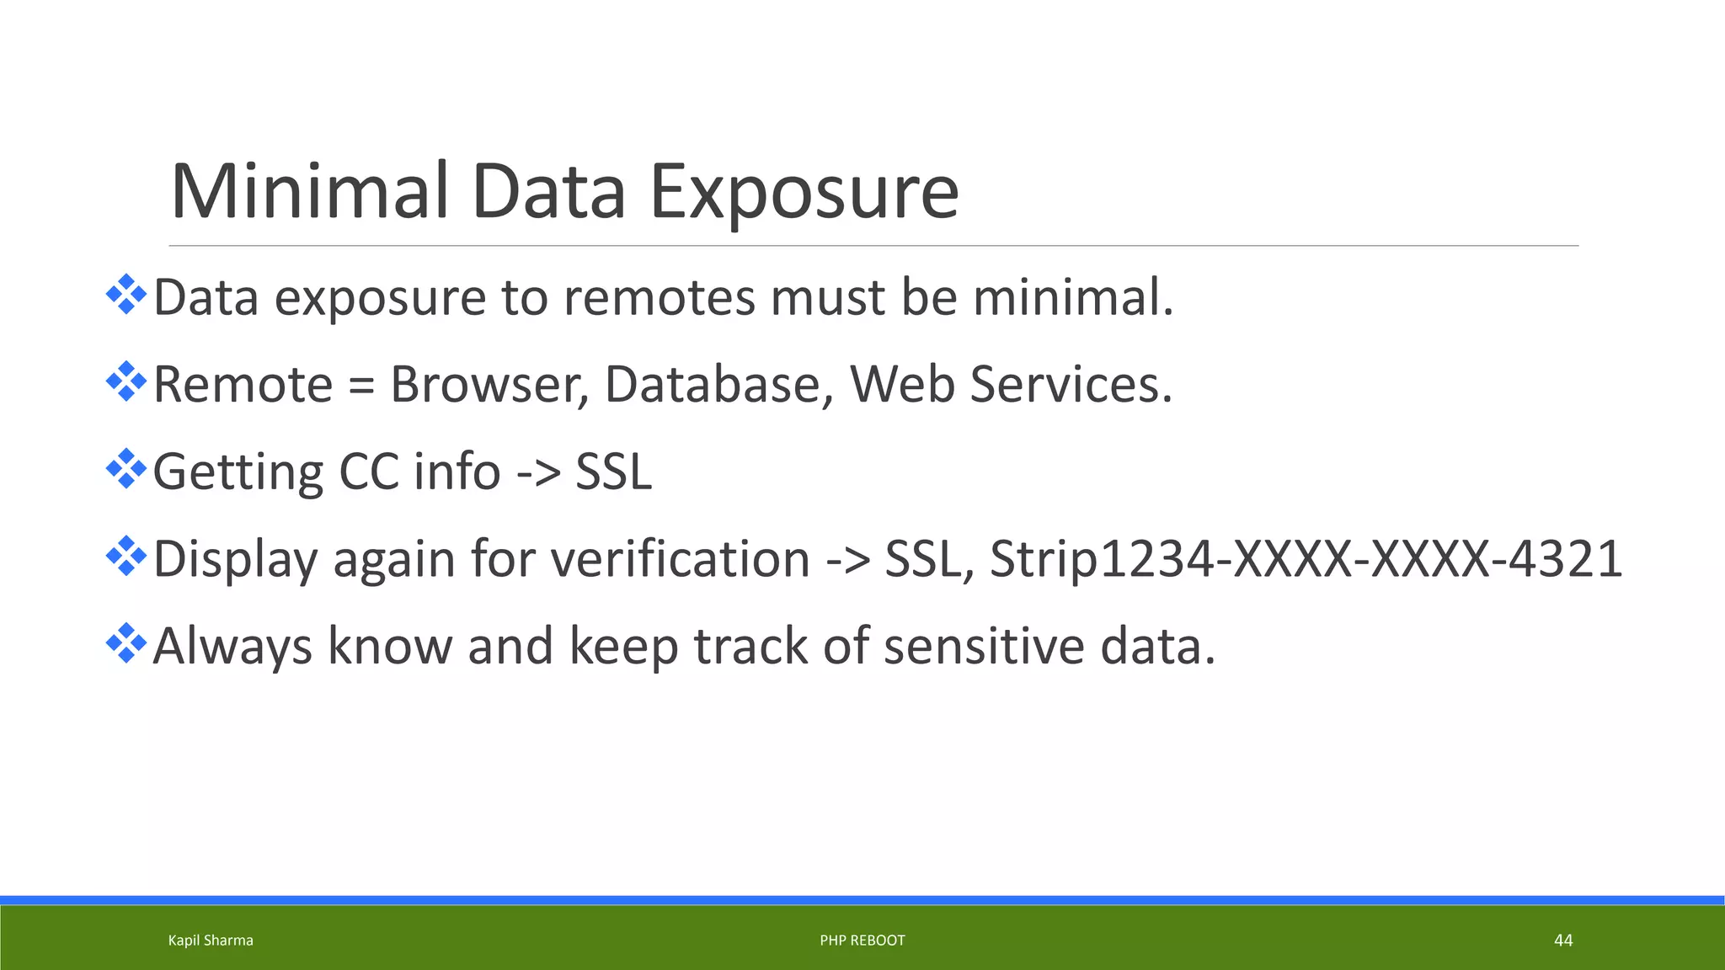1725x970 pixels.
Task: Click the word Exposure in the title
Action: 804,192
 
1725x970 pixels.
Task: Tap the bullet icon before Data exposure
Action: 126,295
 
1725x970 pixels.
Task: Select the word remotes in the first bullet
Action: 660,298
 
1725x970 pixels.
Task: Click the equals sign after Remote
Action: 361,386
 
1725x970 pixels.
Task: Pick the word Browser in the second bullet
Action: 489,386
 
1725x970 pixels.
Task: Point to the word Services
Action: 1071,386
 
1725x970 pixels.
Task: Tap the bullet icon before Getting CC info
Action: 126,469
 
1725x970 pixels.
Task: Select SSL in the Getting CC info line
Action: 613,472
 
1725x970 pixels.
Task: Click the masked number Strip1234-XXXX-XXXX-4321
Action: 1306,560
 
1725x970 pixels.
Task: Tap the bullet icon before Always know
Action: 126,643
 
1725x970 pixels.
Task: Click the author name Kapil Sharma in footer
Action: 211,941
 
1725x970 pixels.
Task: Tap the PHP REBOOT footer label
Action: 862,941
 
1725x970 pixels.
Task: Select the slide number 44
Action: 1563,941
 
